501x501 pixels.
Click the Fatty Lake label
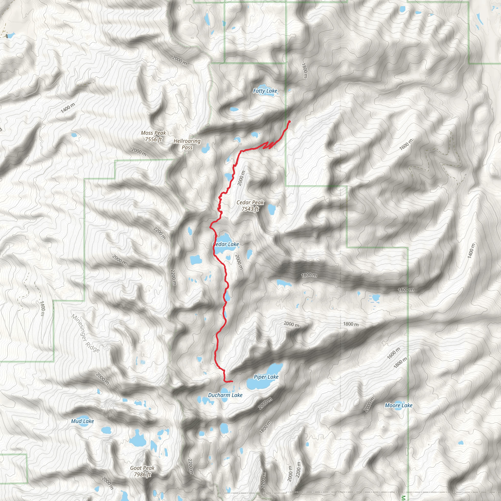pos(265,91)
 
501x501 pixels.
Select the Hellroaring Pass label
pos(187,144)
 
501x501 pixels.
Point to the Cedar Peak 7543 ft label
pos(250,206)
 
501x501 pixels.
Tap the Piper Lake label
pos(266,377)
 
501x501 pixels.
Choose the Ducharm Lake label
pos(225,395)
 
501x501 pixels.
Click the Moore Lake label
pos(399,405)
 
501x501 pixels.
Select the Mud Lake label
pos(82,421)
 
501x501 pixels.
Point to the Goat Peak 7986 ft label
pos(142,471)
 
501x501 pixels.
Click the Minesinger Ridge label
pos(85,333)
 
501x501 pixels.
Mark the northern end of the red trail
pos(289,121)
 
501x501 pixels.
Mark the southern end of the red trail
pos(232,381)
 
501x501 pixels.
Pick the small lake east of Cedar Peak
pos(272,210)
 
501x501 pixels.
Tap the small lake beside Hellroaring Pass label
pos(206,149)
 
